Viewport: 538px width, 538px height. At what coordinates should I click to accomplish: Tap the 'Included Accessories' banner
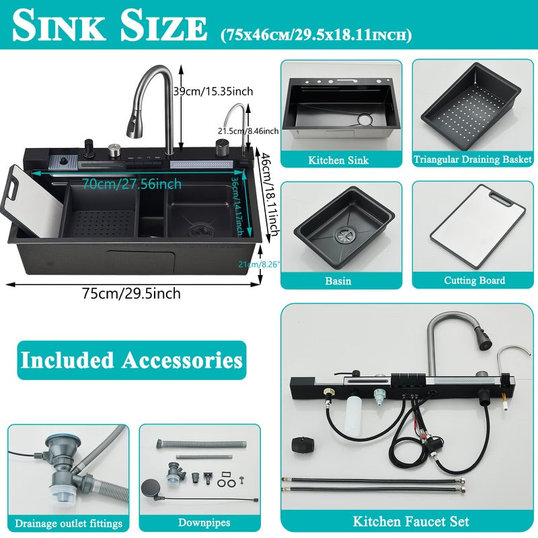131,360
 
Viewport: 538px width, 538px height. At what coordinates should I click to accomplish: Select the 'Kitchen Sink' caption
338,160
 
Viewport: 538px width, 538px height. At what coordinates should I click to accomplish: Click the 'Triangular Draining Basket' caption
472,160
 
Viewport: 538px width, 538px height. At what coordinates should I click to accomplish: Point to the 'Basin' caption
338,280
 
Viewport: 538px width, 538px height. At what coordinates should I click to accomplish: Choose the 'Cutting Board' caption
474,280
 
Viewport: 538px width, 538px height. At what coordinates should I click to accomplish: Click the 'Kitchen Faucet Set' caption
411,521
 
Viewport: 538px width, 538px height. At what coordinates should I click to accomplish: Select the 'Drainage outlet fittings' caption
69,523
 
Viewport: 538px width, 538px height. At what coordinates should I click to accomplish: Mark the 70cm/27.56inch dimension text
132,184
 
